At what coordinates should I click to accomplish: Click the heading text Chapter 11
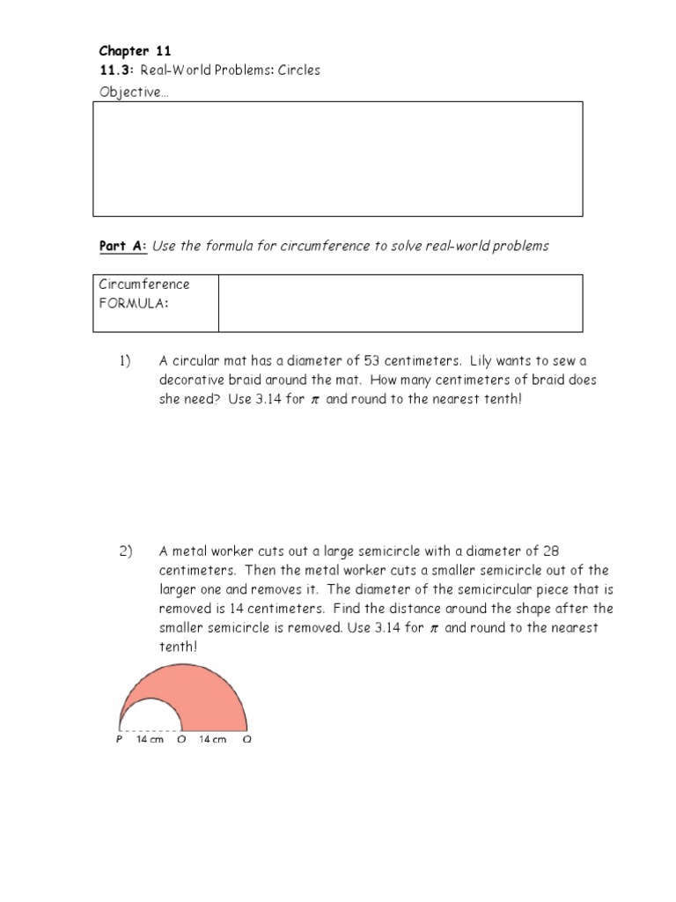pos(135,51)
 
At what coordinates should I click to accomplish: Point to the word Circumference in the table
pos(143,284)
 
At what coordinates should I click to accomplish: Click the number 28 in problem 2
pos(551,551)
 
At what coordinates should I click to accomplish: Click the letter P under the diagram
pos(119,740)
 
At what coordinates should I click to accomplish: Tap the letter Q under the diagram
pos(247,740)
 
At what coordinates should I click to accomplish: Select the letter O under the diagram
pos(181,740)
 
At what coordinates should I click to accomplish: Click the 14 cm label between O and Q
pos(213,740)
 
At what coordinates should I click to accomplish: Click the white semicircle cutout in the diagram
pos(151,719)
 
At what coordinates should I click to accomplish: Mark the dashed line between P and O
pos(151,730)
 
